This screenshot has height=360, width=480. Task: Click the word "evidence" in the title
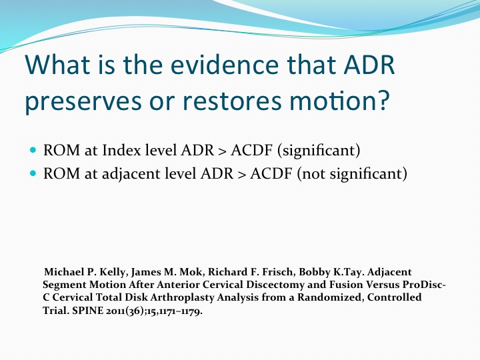(224, 65)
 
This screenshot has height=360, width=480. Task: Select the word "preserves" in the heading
(83, 102)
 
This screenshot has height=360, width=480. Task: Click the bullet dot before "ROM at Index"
(33, 150)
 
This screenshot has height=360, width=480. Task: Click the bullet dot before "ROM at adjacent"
(33, 173)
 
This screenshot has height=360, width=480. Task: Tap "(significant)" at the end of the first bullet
(319, 151)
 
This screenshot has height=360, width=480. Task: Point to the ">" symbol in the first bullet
(222, 151)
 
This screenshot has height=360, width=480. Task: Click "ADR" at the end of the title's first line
(369, 65)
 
